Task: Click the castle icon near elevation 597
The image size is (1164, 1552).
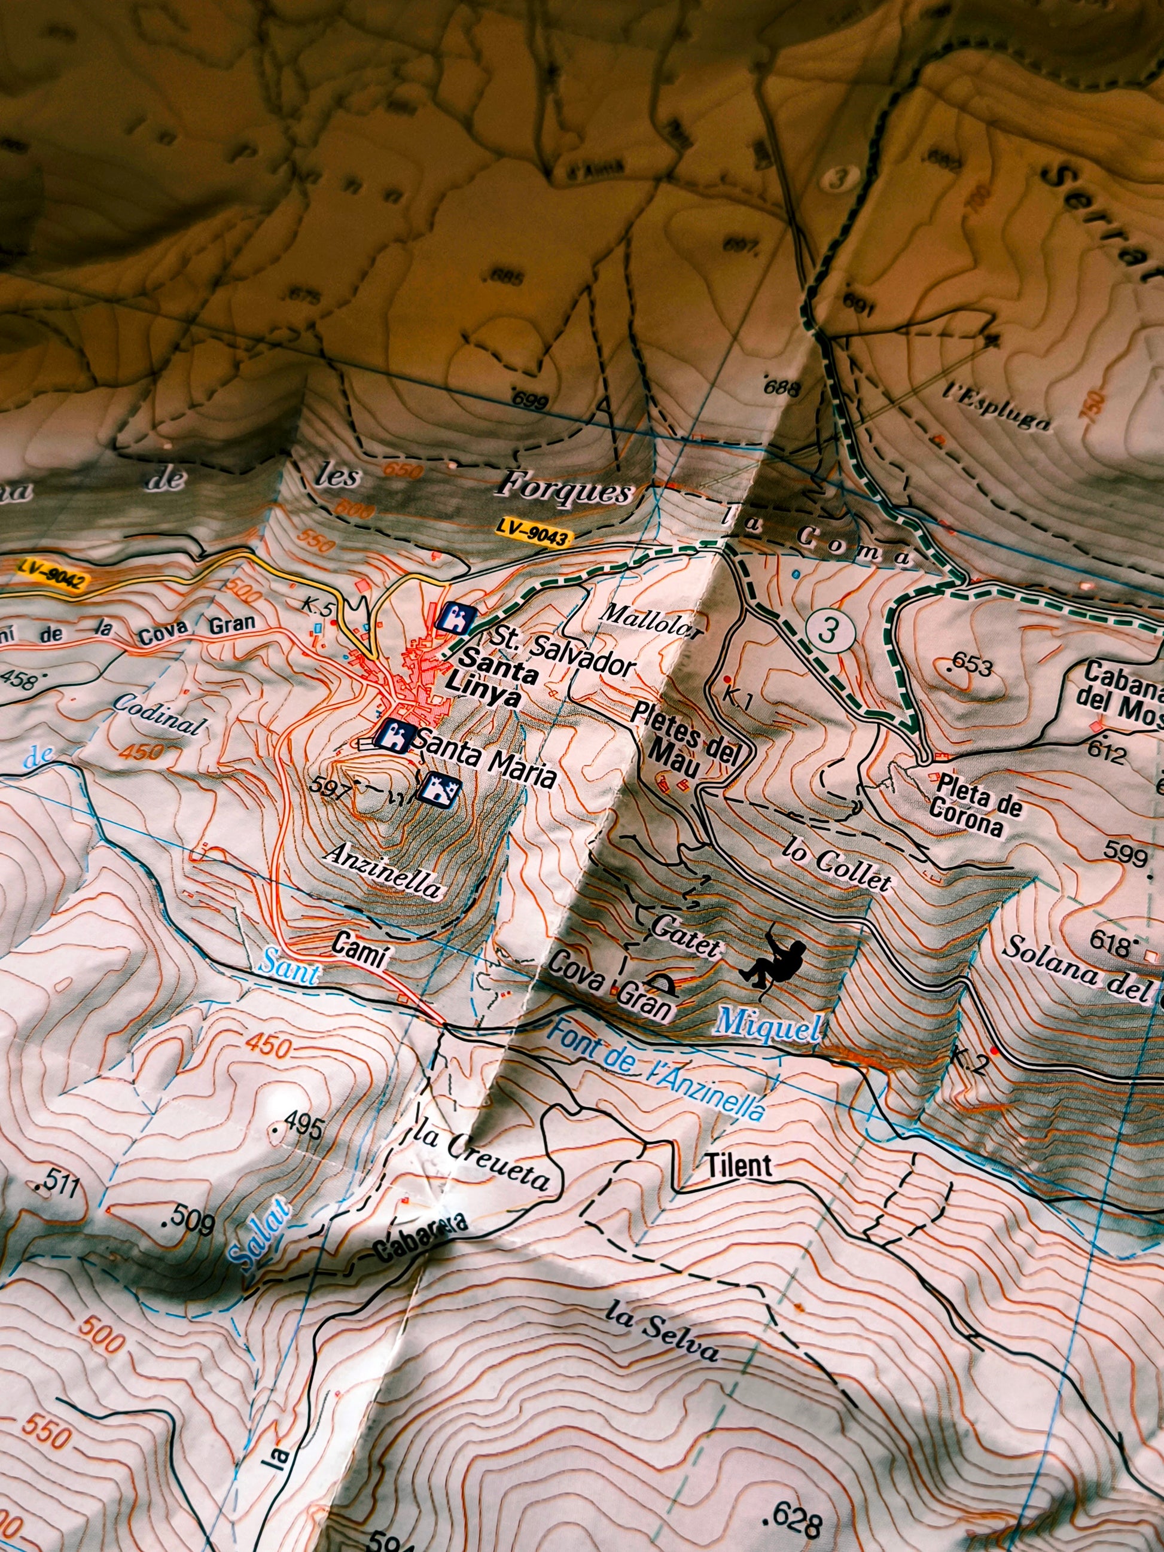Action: coord(438,789)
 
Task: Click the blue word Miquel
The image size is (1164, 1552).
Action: coord(767,1026)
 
